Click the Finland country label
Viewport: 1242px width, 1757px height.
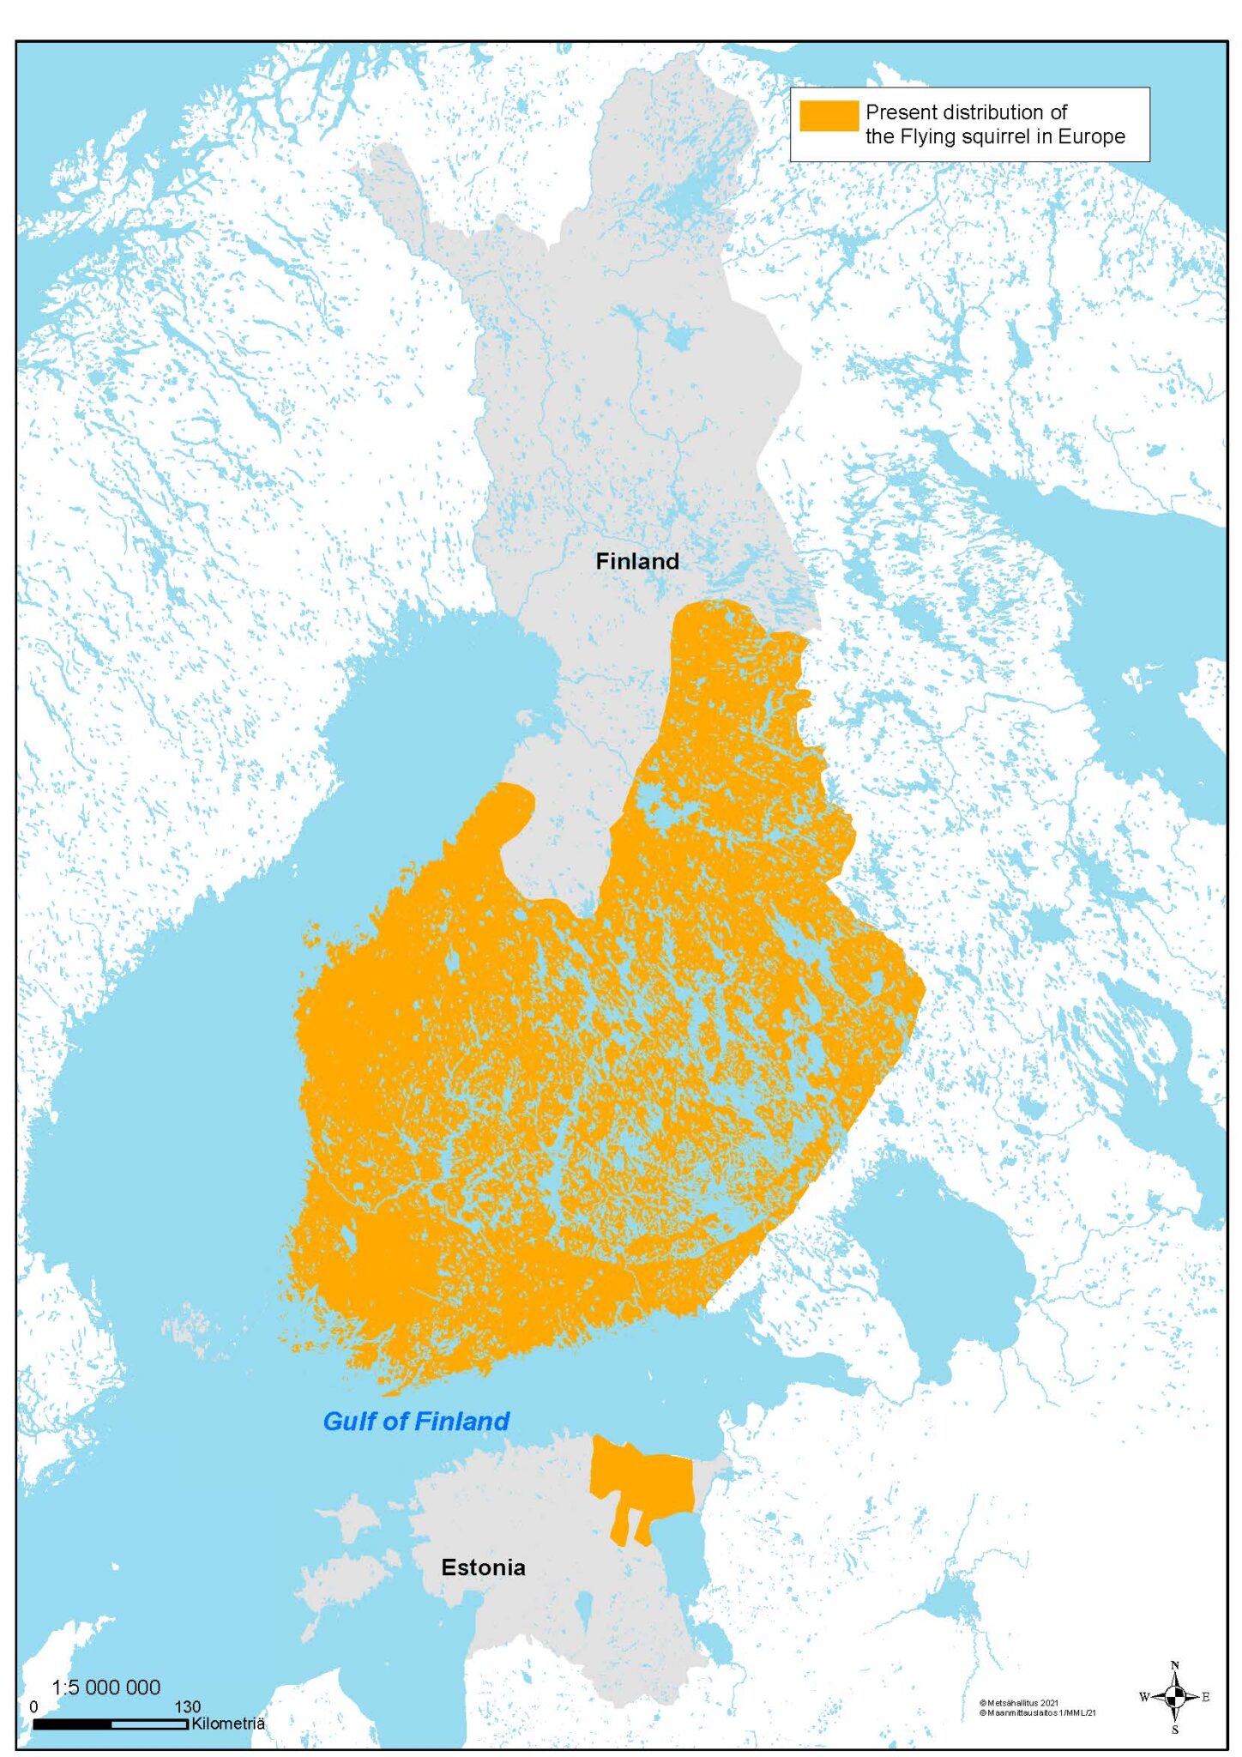coord(636,561)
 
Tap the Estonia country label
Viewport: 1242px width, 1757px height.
coord(483,1567)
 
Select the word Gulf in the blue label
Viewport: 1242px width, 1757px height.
coord(350,1422)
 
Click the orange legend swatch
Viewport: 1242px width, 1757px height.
coord(828,116)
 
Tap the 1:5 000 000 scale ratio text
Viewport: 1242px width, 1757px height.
coord(106,1688)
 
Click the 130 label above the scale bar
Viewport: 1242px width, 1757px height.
coord(187,1706)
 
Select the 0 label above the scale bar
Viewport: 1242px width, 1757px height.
coord(33,1707)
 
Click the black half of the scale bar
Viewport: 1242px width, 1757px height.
coord(72,1724)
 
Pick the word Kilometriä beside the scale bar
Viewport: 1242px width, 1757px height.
coord(227,1724)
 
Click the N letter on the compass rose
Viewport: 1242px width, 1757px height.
coord(1174,1665)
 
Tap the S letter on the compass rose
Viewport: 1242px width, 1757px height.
coord(1174,1730)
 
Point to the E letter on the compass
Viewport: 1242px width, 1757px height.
coord(1206,1697)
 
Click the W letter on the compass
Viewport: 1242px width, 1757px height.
coord(1143,1697)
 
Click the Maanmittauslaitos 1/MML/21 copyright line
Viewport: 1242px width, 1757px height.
coord(1037,1713)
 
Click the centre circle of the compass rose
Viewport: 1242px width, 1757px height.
coord(1175,1696)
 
